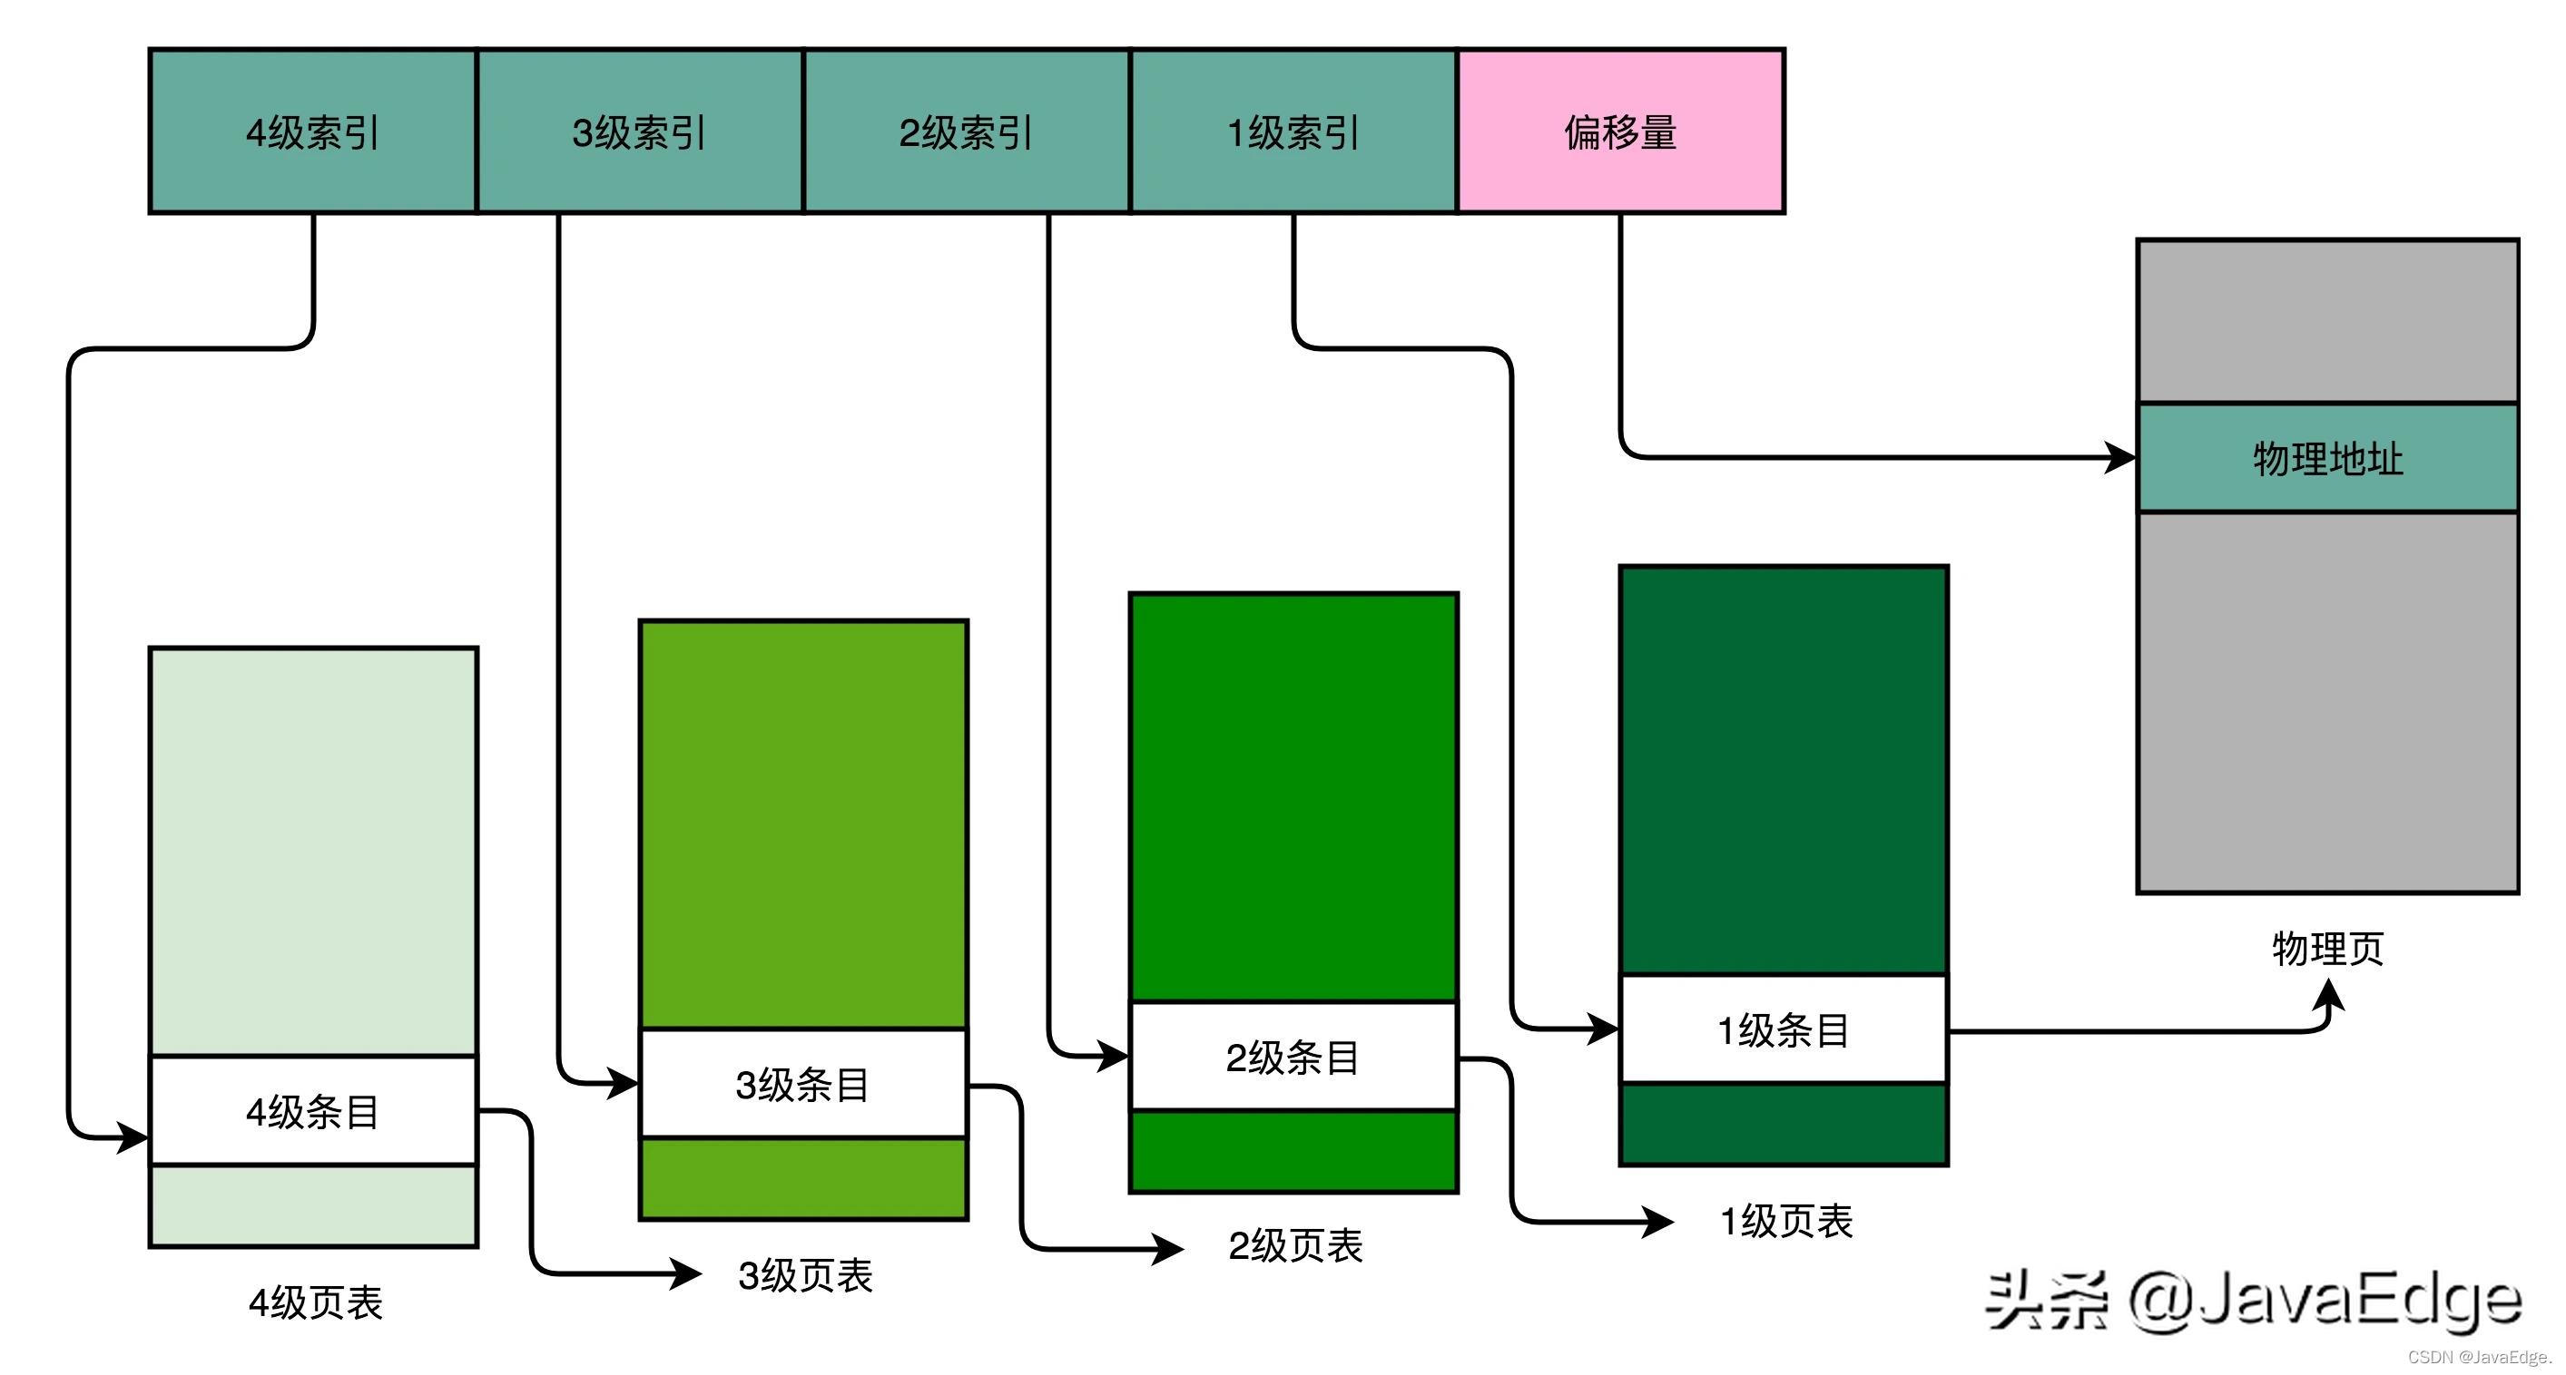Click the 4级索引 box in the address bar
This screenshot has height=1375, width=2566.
313,132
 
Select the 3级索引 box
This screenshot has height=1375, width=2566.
640,132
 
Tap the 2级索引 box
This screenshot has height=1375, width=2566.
967,132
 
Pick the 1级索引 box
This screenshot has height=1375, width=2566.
1293,132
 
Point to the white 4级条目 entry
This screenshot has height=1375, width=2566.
313,1111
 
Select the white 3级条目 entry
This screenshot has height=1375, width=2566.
803,1084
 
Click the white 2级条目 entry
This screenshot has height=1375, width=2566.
1293,1057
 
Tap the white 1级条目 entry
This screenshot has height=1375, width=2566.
1783,1029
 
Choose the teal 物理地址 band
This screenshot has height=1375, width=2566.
2328,458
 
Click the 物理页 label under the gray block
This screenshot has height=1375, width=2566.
2328,948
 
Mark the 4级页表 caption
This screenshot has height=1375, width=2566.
315,1302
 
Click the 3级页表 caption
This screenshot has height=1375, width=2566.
805,1275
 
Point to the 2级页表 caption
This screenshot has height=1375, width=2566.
1295,1245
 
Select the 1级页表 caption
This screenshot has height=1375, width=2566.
1786,1221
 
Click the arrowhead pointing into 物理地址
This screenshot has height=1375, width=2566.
2122,458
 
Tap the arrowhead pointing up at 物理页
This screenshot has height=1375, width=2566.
2329,994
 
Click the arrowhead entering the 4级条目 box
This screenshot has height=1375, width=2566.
133,1136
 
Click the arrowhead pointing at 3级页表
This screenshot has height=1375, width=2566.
687,1273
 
